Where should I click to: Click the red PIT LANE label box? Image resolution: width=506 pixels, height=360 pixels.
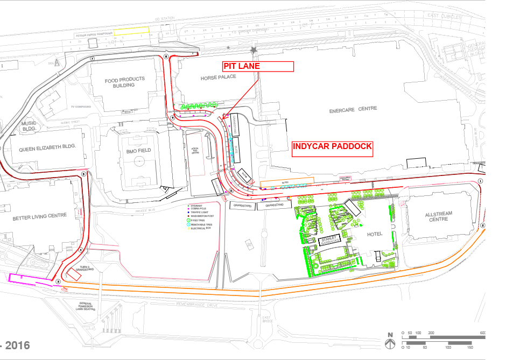tap(258, 66)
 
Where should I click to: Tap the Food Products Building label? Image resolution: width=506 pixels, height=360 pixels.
tap(125, 82)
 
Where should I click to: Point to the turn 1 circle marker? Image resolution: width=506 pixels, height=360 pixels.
tap(480, 181)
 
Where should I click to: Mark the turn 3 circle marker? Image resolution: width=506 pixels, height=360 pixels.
tap(58, 281)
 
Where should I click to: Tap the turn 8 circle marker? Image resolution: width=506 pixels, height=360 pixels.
tap(166, 57)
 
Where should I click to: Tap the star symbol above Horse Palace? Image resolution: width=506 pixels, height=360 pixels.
tap(254, 50)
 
